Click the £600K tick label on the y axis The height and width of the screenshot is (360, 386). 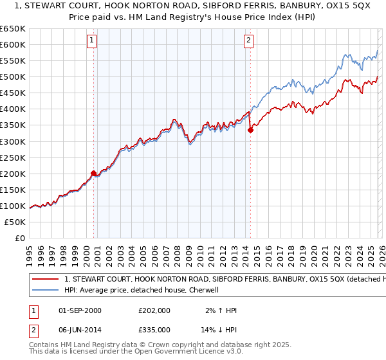pyautogui.click(x=12, y=44)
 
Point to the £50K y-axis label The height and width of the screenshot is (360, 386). pyautogui.click(x=14, y=222)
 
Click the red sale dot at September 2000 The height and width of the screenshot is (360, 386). pyautogui.click(x=94, y=173)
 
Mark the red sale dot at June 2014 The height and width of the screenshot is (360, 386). pyautogui.click(x=250, y=130)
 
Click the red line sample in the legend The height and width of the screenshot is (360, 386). pyautogui.click(x=46, y=280)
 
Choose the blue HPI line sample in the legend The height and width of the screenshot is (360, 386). pyautogui.click(x=46, y=291)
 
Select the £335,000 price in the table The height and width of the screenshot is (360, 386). pyautogui.click(x=154, y=329)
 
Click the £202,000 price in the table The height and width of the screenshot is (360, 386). pyautogui.click(x=154, y=310)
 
